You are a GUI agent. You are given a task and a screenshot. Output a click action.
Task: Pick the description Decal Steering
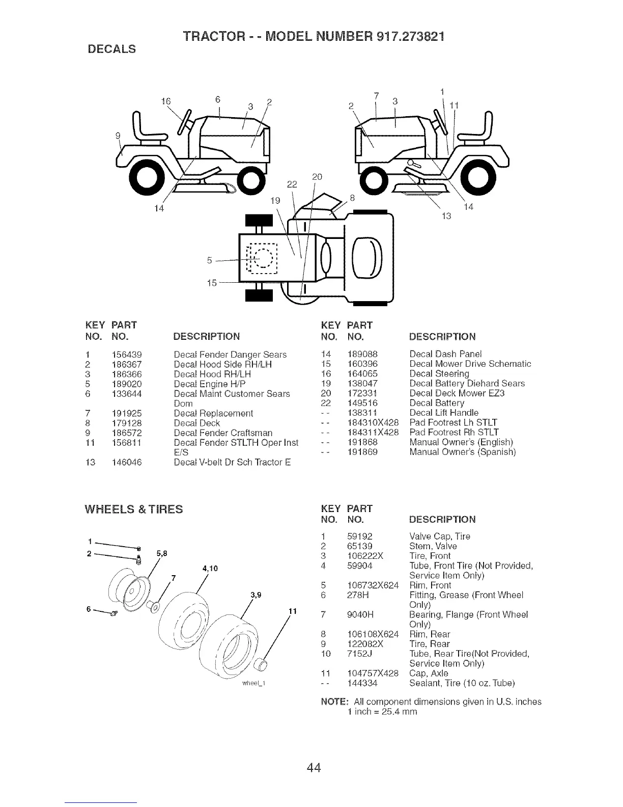[x=439, y=373]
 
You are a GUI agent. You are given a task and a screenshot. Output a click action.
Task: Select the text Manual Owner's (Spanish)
[x=463, y=452]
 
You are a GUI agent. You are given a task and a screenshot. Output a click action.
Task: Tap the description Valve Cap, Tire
[x=440, y=536]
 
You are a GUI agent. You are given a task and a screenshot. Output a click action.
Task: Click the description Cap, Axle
[x=429, y=674]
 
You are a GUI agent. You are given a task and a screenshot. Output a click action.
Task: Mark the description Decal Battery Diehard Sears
[x=467, y=383]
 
